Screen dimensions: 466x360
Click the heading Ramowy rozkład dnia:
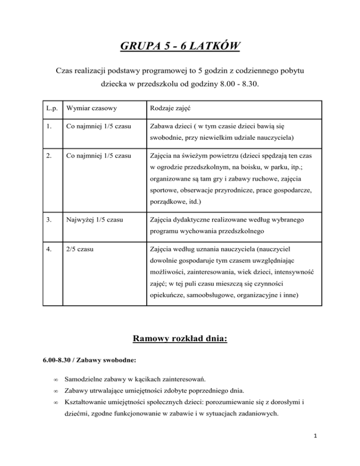pos(180,338)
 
